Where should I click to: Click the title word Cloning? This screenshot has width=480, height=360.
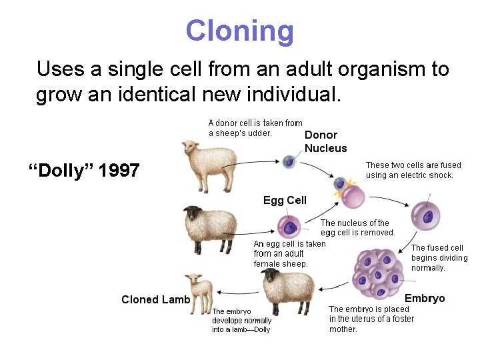(x=239, y=31)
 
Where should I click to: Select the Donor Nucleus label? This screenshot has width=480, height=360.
(x=325, y=141)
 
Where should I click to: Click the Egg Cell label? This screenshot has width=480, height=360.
(x=285, y=200)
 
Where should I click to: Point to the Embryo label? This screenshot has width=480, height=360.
(x=425, y=298)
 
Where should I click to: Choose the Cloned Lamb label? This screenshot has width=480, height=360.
(x=155, y=299)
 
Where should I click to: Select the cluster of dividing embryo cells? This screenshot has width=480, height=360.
(x=377, y=272)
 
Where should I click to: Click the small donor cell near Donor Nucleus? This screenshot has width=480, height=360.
(x=289, y=162)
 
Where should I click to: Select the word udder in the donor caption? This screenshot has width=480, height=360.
(x=259, y=133)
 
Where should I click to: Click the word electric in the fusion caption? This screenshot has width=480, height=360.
(x=419, y=175)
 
